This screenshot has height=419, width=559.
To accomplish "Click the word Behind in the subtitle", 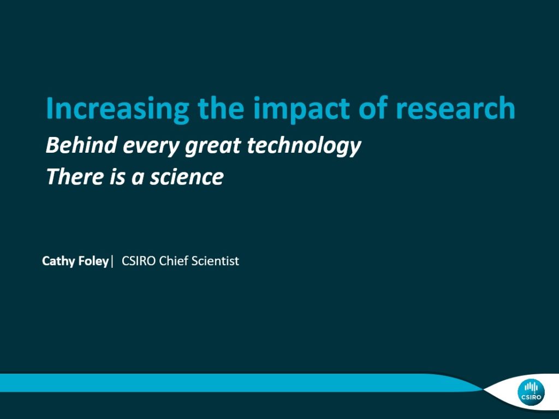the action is [x=81, y=145].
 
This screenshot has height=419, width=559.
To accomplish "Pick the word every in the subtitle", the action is [x=152, y=147].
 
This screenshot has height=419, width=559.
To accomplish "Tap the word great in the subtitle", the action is [x=213, y=147].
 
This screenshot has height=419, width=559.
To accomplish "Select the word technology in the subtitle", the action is [x=304, y=147].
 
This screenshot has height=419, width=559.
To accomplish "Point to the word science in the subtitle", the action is [x=187, y=177].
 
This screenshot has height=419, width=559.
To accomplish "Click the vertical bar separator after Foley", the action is [x=112, y=261].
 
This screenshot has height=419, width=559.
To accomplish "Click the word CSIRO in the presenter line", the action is [x=138, y=261].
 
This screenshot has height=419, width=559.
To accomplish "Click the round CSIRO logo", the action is [x=531, y=392].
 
